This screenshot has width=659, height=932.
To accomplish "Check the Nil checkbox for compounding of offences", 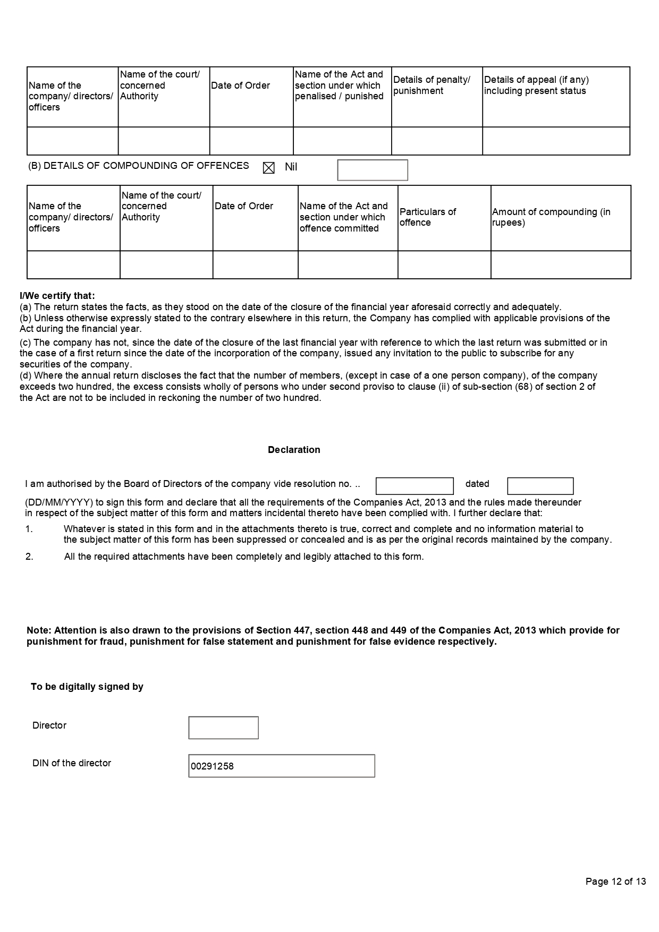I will click(269, 168).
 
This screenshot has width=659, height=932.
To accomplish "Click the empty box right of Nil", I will click(373, 170).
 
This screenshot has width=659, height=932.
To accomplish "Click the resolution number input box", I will click(415, 486).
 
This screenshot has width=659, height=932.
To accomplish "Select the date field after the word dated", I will click(540, 486).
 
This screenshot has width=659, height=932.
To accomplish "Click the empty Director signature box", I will click(223, 728).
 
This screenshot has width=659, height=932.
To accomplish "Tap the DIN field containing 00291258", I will click(282, 766).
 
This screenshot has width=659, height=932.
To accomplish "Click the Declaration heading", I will click(294, 450).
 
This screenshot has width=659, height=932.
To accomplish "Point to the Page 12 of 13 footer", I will click(615, 882).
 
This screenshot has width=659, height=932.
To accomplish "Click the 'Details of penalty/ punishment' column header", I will click(432, 85).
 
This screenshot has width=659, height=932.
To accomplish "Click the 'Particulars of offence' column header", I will click(428, 217).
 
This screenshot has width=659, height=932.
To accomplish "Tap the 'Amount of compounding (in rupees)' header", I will click(551, 217).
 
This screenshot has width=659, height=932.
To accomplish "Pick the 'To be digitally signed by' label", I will click(87, 687).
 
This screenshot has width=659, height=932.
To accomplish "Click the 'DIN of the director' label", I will click(72, 763).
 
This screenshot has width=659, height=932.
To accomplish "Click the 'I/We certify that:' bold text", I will click(57, 296).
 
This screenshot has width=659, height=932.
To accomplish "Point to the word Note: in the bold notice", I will click(39, 630).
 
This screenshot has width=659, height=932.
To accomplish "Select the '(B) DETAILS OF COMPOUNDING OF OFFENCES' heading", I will click(138, 166).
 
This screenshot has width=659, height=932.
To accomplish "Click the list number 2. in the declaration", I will click(29, 557).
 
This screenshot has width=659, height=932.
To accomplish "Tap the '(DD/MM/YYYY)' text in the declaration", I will click(59, 502).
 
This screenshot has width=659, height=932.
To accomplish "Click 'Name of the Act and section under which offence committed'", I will click(343, 217).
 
